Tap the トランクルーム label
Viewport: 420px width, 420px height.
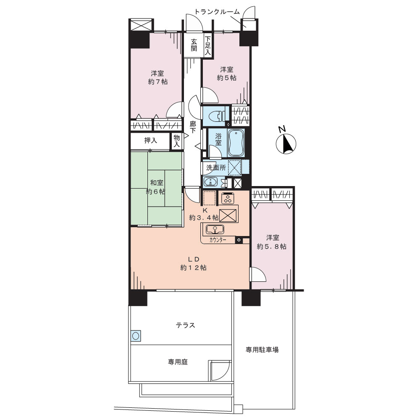click(x=217, y=11)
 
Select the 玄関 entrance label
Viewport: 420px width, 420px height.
click(x=194, y=45)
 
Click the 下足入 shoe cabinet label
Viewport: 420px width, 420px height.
click(x=208, y=45)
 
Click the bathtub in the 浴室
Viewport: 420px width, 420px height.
click(x=236, y=143)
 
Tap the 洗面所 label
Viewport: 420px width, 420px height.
click(x=216, y=168)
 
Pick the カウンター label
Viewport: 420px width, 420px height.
click(x=218, y=240)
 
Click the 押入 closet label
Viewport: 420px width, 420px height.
click(x=150, y=140)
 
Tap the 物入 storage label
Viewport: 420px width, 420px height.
click(x=177, y=141)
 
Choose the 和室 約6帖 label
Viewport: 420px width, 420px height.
click(x=156, y=187)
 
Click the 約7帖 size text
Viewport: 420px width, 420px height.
click(x=158, y=82)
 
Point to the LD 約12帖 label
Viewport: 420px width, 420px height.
click(x=193, y=263)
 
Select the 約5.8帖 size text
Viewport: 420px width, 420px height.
click(x=272, y=247)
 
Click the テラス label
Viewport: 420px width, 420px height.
click(x=185, y=325)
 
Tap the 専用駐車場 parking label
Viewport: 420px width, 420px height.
click(x=262, y=349)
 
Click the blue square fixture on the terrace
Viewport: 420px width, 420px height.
click(x=136, y=335)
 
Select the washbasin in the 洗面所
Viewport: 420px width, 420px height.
click(x=211, y=182)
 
